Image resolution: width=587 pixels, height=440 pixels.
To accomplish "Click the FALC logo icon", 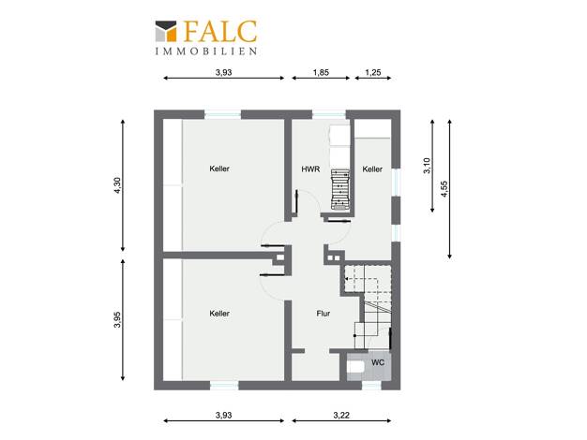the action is (x=166, y=31).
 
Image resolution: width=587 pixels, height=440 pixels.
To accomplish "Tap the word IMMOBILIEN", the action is (x=206, y=51).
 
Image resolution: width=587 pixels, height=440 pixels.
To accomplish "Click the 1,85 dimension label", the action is (x=321, y=72).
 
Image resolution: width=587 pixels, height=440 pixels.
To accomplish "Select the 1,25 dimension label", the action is (x=373, y=72).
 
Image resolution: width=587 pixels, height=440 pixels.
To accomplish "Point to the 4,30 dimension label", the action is (x=117, y=185).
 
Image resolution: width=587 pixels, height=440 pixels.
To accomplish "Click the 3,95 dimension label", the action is (x=117, y=319).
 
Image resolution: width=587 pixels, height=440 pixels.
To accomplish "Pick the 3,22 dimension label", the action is (x=341, y=415).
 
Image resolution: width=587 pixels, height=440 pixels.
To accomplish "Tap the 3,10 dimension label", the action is (x=428, y=166).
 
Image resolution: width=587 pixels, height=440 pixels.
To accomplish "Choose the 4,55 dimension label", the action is (x=444, y=189).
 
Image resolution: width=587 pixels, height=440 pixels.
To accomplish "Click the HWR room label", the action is (x=310, y=169).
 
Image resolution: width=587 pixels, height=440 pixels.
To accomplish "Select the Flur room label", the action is (x=324, y=314).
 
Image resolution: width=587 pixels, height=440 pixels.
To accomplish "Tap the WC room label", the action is (x=378, y=362).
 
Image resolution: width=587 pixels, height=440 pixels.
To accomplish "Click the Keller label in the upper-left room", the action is (x=219, y=169).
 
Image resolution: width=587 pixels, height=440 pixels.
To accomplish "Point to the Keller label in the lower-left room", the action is (x=219, y=314).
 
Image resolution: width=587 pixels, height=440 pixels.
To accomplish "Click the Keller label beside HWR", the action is (x=372, y=169).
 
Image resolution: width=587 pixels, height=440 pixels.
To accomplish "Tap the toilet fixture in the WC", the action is (x=355, y=367).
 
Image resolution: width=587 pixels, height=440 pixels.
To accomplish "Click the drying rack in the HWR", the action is (x=340, y=189).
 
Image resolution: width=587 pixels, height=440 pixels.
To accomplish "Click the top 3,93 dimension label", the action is (x=223, y=72).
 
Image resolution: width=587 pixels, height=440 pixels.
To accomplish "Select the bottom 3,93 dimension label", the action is (x=223, y=415).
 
